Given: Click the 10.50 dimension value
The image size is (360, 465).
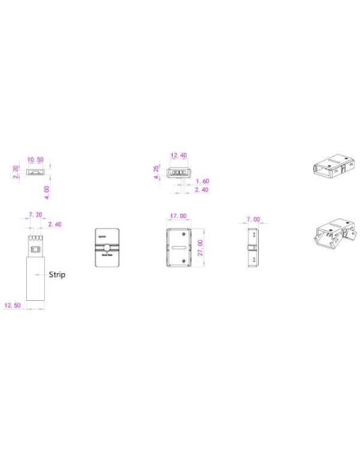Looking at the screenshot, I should (35, 159).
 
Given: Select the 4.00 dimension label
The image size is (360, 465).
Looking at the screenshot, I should (49, 191).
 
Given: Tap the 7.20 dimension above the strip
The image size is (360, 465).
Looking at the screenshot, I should (35, 215).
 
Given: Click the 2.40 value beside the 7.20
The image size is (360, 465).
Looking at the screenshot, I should (55, 225).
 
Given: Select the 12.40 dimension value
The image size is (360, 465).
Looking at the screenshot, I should (179, 156).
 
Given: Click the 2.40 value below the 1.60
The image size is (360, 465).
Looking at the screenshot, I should (203, 190).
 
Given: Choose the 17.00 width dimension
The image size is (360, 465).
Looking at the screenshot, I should (178, 216).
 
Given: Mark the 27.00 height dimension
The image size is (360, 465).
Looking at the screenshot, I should (201, 248).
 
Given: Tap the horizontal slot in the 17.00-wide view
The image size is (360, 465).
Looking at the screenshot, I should (179, 259).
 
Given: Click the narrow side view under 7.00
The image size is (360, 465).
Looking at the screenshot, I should (251, 250).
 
